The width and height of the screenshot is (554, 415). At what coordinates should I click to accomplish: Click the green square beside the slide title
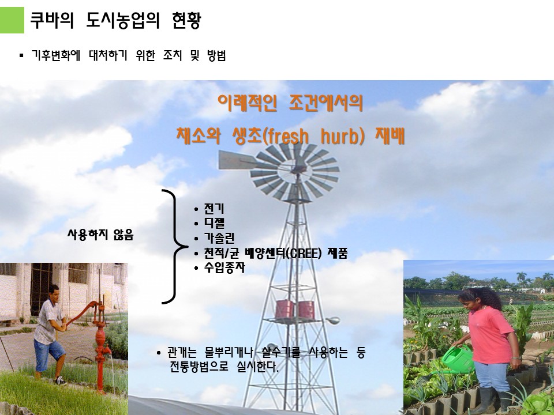[x=12, y=20]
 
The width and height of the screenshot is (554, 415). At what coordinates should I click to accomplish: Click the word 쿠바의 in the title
[x=52, y=20]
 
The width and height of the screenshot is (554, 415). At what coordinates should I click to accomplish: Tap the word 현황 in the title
[x=186, y=20]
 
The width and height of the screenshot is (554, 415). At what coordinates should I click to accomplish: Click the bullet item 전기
[x=214, y=209]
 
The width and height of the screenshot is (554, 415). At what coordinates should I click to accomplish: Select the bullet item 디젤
[x=214, y=224]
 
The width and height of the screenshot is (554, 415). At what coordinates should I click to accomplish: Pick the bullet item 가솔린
[x=219, y=238]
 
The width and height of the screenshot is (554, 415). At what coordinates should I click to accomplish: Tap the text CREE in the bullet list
[x=303, y=253]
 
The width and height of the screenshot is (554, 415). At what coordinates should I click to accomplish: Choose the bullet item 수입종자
[x=224, y=267]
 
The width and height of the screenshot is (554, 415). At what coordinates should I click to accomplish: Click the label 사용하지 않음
[x=100, y=235]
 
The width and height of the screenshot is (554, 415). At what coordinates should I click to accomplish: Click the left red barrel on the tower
[x=285, y=309]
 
